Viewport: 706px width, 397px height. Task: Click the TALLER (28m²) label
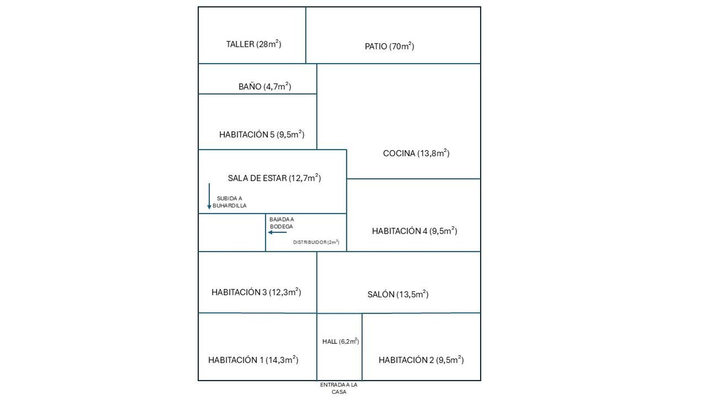point(254,44)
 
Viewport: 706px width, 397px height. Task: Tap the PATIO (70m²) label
point(389,46)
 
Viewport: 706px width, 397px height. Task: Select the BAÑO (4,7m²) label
point(265,87)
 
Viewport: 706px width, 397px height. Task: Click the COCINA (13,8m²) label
point(416,153)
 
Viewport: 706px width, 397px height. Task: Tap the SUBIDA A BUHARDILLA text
point(230,202)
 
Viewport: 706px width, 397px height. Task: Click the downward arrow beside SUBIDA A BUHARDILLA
point(209,196)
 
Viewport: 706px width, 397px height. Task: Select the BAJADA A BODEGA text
point(281,223)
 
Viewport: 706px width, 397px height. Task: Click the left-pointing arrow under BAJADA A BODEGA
point(277,232)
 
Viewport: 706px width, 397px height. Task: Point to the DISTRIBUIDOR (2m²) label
point(316,242)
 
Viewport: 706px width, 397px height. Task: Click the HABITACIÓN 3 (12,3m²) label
point(256,292)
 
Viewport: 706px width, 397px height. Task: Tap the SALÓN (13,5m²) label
point(398,294)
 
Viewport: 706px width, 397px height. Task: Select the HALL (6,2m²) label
point(340,341)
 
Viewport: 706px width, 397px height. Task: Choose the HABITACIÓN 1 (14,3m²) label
point(253,360)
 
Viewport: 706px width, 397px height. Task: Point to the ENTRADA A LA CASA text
point(339,388)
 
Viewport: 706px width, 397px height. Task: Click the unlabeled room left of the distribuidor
point(232,232)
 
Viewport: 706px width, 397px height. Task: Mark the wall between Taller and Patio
point(306,35)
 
